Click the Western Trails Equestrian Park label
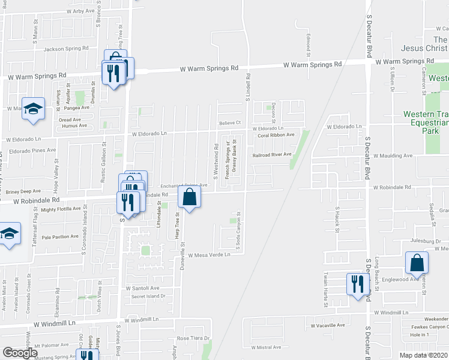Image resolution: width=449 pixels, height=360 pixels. [426, 122]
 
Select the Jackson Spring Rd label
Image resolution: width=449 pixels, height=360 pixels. [66, 49]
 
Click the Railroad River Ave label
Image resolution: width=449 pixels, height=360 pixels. [271, 154]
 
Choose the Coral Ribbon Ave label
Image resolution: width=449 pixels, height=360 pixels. [276, 135]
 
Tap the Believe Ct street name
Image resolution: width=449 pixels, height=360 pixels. [229, 123]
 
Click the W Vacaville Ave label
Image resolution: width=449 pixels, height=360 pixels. [327, 325]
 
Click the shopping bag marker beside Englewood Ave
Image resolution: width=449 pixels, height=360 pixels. [417, 262]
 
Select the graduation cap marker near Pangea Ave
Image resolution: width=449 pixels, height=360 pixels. [34, 108]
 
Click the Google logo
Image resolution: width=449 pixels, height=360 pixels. [20, 353]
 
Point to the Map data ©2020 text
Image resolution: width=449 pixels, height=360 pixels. [424, 355]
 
